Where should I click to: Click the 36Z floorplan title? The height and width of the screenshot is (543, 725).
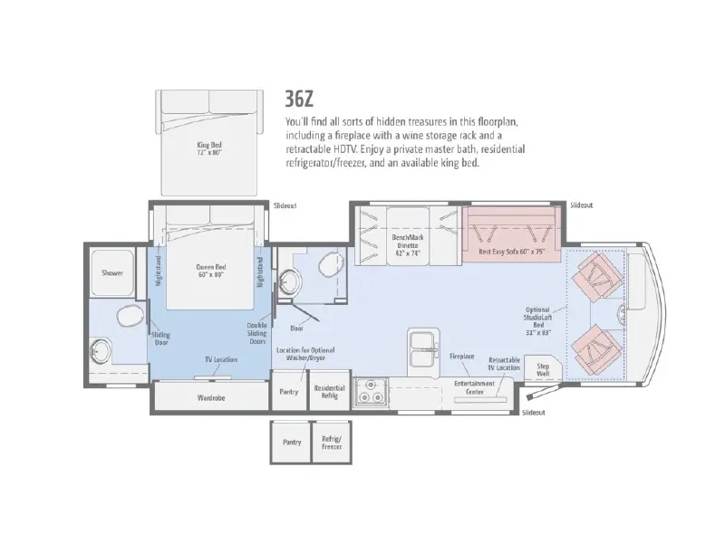click(299, 99)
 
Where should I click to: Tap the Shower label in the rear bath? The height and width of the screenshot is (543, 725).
click(112, 273)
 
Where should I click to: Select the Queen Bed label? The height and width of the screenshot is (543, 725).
click(211, 271)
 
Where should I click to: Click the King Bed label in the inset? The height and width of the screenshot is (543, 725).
click(209, 148)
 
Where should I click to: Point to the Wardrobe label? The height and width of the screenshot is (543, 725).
click(211, 397)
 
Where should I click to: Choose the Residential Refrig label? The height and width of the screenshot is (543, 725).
click(329, 392)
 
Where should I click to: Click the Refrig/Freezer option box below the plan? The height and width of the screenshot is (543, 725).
click(332, 443)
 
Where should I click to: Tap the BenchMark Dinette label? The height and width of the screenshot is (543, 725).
click(408, 245)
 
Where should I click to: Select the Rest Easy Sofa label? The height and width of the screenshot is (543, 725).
click(512, 252)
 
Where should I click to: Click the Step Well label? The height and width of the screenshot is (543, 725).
click(543, 369)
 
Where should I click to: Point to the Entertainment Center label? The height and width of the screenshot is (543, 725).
click(474, 387)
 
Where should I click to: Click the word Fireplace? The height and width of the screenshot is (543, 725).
click(462, 356)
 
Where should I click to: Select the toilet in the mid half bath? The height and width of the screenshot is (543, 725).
click(330, 263)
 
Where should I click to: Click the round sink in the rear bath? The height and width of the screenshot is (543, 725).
click(101, 351)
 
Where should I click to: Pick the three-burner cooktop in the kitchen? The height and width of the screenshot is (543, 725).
click(371, 392)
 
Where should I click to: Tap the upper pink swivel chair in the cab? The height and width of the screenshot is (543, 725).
click(597, 276)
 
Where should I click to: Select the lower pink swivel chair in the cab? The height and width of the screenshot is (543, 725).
click(597, 349)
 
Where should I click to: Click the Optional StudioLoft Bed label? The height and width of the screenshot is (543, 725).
click(538, 321)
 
